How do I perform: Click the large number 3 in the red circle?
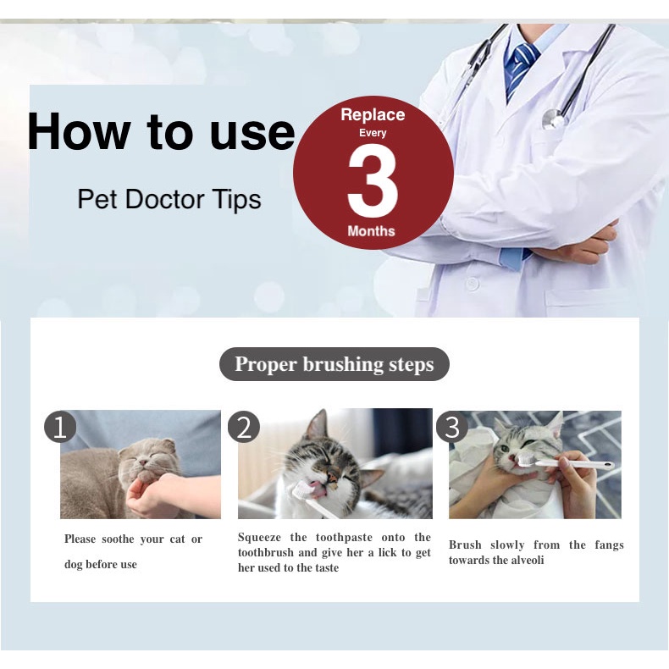373,180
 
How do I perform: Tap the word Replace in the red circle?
373,115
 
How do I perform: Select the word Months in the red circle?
371,231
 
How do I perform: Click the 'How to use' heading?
161,131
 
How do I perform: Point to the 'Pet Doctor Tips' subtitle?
169,199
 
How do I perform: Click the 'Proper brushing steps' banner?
334,364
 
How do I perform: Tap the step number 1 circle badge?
60,427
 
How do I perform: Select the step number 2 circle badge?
244,427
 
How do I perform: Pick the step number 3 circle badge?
452,427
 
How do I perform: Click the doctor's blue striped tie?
522,69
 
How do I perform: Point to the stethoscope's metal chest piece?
553,119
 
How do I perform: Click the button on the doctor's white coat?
472,284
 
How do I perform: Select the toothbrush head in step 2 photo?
301,490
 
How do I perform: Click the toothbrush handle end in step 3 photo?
607,466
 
